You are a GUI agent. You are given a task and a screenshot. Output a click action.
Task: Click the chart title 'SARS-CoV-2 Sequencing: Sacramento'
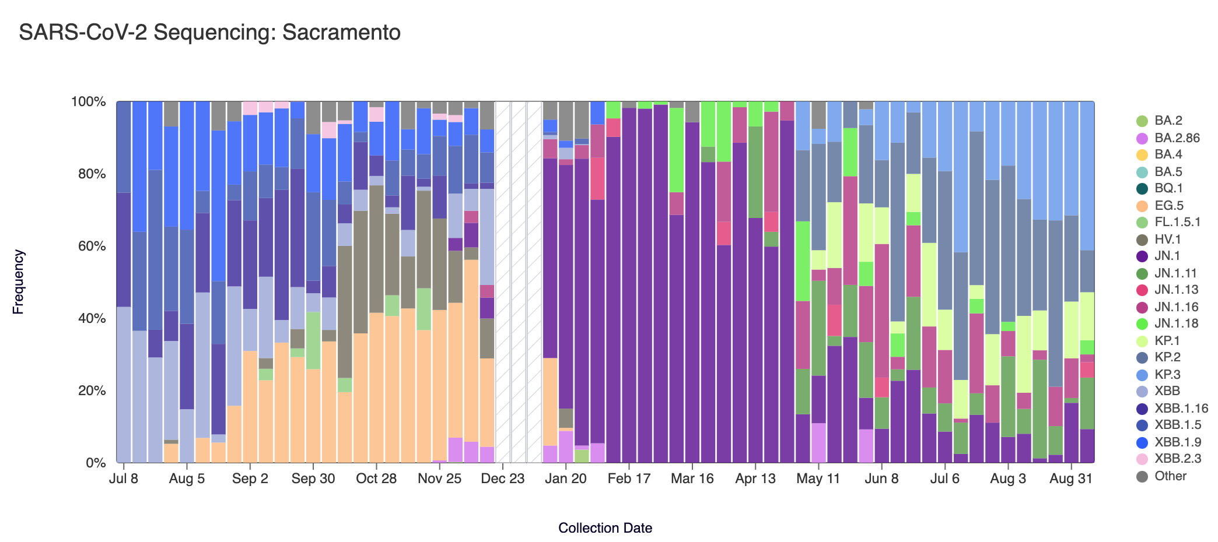point(209,33)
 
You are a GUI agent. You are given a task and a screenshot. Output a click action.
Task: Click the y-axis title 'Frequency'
point(19,282)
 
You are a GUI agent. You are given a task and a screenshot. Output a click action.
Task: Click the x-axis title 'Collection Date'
point(605,528)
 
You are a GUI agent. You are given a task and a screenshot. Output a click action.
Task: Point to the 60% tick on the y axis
point(89,246)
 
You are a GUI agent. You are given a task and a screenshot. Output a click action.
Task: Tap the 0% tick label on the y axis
point(96,463)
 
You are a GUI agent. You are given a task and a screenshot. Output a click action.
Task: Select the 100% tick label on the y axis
point(89,102)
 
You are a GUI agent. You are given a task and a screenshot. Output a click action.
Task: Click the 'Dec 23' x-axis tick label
point(502,479)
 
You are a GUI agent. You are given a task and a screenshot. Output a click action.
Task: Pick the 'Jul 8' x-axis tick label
point(124,479)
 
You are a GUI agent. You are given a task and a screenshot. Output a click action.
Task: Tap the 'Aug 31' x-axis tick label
point(1070,479)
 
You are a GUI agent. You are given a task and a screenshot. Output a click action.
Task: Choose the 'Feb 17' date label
point(629,479)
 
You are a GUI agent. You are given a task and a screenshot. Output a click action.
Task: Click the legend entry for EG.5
point(1169,206)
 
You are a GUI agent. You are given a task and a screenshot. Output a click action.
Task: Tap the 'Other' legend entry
point(1170,476)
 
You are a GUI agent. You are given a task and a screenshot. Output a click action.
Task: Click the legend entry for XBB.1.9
point(1178,442)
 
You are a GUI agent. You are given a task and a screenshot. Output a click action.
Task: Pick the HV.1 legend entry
point(1167,240)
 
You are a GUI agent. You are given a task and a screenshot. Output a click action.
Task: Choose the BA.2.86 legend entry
point(1177,138)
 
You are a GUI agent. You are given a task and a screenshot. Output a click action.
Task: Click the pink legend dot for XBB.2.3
point(1142,459)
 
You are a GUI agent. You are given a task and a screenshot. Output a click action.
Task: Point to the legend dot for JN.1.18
point(1142,324)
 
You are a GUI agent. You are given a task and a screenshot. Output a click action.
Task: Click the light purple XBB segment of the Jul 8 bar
point(124,385)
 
